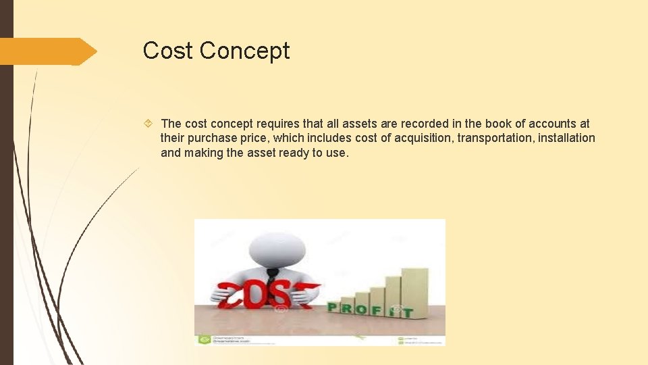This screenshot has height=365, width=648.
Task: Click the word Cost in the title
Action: pos(169,51)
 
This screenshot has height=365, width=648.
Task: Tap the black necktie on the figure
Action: pos(271,276)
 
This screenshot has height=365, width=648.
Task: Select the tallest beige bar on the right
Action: pos(414,291)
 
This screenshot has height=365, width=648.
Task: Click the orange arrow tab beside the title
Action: pos(47,51)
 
